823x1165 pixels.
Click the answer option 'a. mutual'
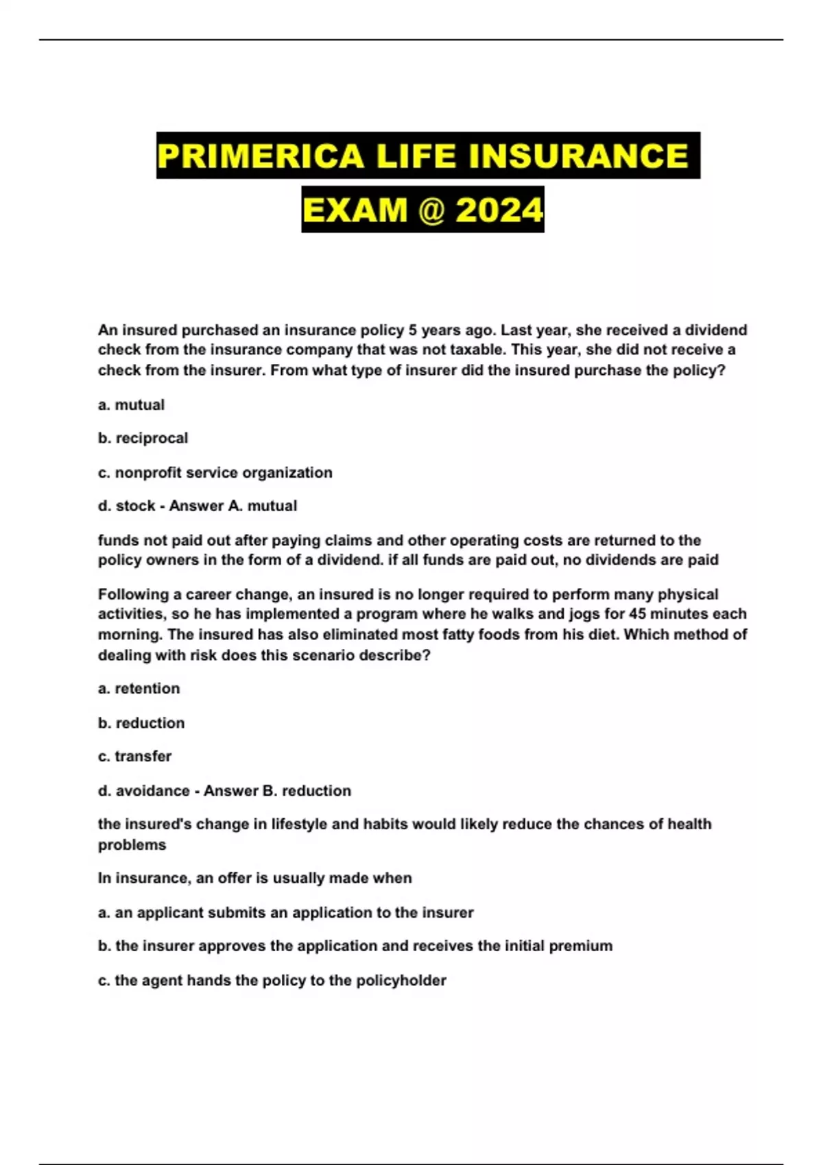[131, 405]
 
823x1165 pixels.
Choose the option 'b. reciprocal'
[143, 439]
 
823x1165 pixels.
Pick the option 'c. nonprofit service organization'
[215, 473]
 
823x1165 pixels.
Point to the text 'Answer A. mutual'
[233, 506]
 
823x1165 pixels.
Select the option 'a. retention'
[139, 689]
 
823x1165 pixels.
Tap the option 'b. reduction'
[141, 723]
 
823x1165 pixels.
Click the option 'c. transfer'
[134, 757]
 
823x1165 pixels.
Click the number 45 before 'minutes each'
[637, 614]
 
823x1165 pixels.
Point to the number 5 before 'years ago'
[413, 330]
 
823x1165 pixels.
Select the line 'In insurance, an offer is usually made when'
[254, 879]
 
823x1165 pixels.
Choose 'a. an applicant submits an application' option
[285, 913]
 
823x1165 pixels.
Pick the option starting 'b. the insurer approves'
[355, 946]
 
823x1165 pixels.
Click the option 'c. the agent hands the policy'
[272, 981]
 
